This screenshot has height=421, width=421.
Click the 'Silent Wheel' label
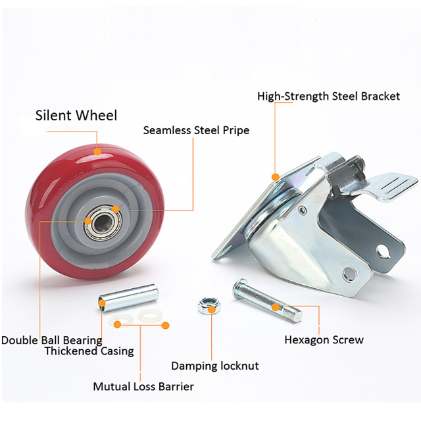(76, 116)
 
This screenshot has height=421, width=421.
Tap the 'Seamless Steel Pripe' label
(196, 130)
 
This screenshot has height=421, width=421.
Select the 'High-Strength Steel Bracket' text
(328, 97)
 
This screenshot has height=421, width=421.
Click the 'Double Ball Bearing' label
(51, 340)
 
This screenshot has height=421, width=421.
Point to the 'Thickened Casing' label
(89, 351)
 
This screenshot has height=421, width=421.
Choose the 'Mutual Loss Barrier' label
(143, 386)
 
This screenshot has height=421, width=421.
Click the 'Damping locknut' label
(215, 366)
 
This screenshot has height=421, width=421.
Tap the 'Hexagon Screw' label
(324, 340)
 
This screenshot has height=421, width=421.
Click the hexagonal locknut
(208, 303)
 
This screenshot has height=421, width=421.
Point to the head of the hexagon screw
(239, 287)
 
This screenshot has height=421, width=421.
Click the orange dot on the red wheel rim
(97, 152)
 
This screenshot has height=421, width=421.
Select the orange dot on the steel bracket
(275, 176)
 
